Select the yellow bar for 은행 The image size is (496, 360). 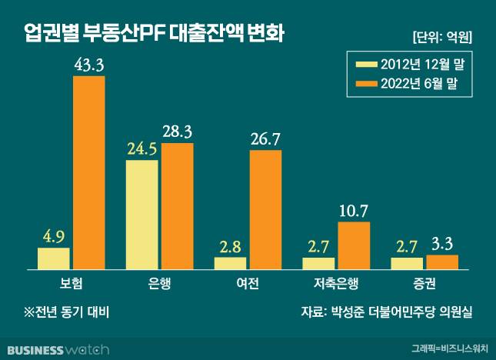coord(141,215)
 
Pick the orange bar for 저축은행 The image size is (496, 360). coord(354,245)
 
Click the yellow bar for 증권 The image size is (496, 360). coord(407,263)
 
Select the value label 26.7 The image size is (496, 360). coord(265,139)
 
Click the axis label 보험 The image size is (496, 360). coord(71,283)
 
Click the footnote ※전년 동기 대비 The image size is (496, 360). coord(68,312)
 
